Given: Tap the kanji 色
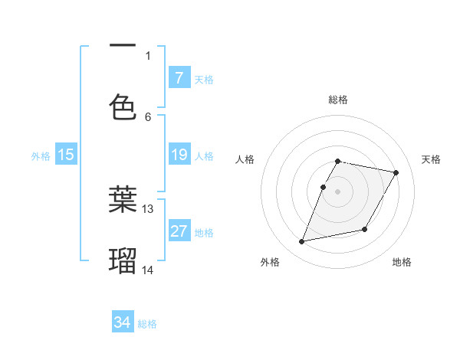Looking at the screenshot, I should [123, 107].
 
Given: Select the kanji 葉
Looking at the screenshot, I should [123, 199].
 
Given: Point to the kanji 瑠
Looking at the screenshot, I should [123, 260].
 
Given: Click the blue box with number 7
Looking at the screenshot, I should [179, 77].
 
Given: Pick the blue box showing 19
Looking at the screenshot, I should [179, 155].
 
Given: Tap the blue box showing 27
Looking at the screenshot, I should [179, 231].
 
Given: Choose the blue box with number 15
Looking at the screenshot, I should [66, 155].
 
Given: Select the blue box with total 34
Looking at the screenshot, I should [123, 322].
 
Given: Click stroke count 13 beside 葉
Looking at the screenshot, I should [148, 208].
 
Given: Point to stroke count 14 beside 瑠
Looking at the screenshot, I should [148, 270].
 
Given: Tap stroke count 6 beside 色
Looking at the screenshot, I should [148, 116].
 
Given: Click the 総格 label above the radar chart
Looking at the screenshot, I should [338, 100].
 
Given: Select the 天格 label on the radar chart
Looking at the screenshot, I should [431, 159].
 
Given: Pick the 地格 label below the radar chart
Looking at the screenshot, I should [402, 262].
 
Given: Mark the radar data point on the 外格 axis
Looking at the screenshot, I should [302, 242].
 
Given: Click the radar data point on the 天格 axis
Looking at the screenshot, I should [396, 173].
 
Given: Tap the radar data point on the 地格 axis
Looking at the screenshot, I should [365, 230].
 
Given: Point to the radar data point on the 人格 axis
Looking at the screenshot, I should [323, 187].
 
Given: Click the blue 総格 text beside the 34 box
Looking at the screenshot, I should [147, 324].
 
